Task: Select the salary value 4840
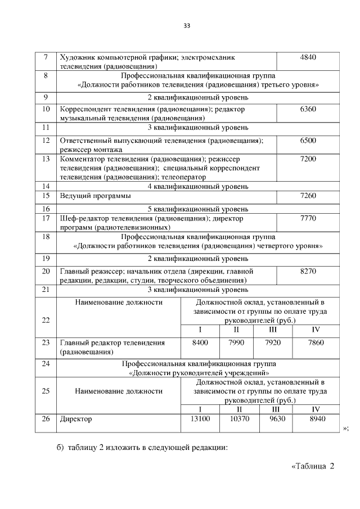pyautogui.click(x=308, y=57)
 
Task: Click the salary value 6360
pyautogui.click(x=308, y=109)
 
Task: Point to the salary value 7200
pyautogui.click(x=308, y=159)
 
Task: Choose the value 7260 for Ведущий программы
pyautogui.click(x=308, y=196)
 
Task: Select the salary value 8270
pyautogui.click(x=308, y=271)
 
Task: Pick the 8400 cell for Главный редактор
pyautogui.click(x=200, y=343)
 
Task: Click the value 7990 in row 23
pyautogui.click(x=238, y=343)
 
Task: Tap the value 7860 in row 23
pyautogui.click(x=316, y=343)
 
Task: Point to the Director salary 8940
pyautogui.click(x=316, y=419)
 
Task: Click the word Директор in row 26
pyautogui.click(x=76, y=419)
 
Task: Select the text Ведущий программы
pyautogui.click(x=96, y=196)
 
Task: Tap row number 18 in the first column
pyautogui.click(x=45, y=237)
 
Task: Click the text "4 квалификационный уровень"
pyautogui.click(x=197, y=186)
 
